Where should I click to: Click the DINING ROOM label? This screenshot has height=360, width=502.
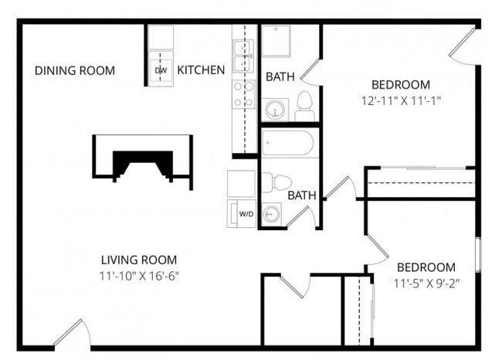click(x=75, y=70)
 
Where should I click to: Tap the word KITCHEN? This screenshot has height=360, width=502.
click(x=201, y=70)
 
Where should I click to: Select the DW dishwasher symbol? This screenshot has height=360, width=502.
click(x=161, y=70)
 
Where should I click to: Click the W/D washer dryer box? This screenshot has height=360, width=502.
click(x=246, y=213)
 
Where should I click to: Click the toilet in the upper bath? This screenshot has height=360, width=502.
click(x=304, y=106)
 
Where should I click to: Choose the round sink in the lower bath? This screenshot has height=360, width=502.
click(x=271, y=214)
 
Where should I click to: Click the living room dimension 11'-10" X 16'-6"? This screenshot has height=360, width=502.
click(x=140, y=275)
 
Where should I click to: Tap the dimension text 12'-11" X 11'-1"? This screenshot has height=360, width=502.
click(x=400, y=100)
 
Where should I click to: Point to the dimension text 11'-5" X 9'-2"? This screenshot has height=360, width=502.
click(x=427, y=283)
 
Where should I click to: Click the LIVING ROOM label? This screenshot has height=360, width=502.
click(x=140, y=260)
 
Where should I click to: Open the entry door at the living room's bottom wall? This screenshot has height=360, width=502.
click(x=75, y=334)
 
